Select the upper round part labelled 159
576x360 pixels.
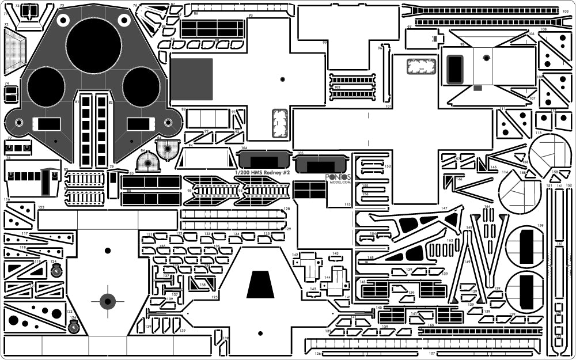coord(525,247)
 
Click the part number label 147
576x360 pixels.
coord(444,207)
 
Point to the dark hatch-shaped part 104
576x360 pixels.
coord(262,160)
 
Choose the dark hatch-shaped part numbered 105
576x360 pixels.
coord(320,164)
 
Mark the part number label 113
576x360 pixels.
coord(538,132)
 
